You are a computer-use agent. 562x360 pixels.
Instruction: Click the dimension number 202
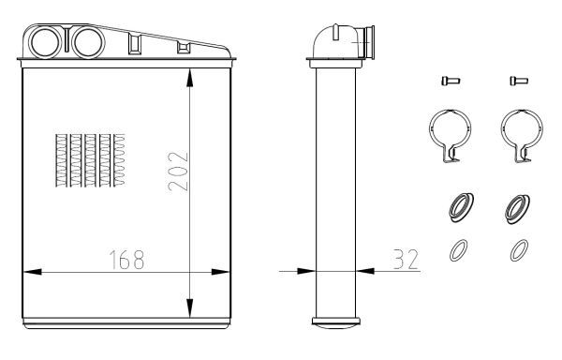[178, 172]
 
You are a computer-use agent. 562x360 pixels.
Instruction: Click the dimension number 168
[126, 260]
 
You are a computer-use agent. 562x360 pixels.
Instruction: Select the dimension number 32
[406, 260]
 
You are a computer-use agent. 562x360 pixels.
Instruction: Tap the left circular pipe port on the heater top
[45, 42]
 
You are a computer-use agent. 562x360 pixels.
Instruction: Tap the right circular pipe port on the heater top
[88, 42]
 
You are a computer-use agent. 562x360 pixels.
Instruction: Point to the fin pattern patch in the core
[90, 160]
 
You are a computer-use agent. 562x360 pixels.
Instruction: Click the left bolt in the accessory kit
[451, 81]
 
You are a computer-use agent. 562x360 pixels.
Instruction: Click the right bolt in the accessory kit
[519, 81]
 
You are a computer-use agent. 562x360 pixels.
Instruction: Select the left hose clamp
[430, 129]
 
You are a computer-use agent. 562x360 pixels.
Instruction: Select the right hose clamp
[502, 129]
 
